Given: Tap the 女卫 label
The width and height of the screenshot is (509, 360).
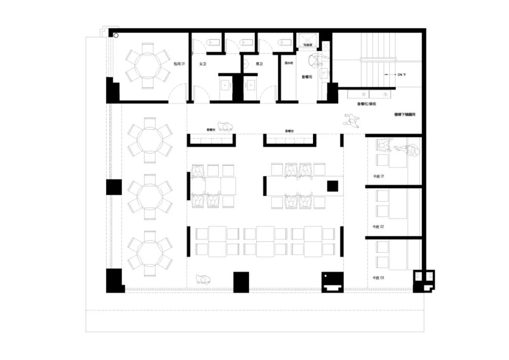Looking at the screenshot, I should pyautogui.click(x=203, y=63).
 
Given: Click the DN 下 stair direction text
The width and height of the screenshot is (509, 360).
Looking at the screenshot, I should pyautogui.click(x=402, y=74).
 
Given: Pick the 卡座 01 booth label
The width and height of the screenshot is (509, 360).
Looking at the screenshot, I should pyautogui.click(x=378, y=176).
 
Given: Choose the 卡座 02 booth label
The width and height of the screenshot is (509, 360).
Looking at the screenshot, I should pyautogui.click(x=378, y=227).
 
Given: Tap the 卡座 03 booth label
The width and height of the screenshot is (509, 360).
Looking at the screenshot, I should pyautogui.click(x=378, y=278).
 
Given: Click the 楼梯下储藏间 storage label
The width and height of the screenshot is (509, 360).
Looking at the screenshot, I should pyautogui.click(x=405, y=115).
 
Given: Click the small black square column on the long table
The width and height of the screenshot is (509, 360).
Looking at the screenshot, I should pyautogui.click(x=333, y=186).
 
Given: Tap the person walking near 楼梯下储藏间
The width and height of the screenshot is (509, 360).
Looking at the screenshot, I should pyautogui.click(x=353, y=122).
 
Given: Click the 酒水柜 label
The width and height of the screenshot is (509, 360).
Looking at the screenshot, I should pyautogui.click(x=289, y=63).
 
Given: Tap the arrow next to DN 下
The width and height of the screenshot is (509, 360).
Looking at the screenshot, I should pyautogui.click(x=389, y=74).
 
